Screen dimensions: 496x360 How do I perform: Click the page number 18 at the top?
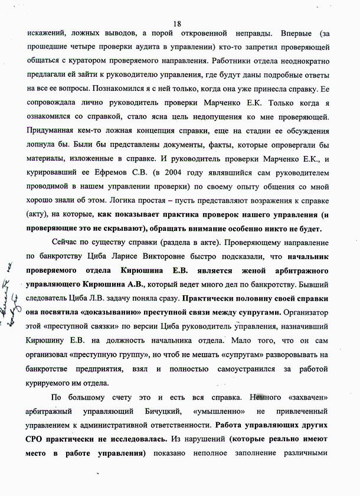pos(176,22)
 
